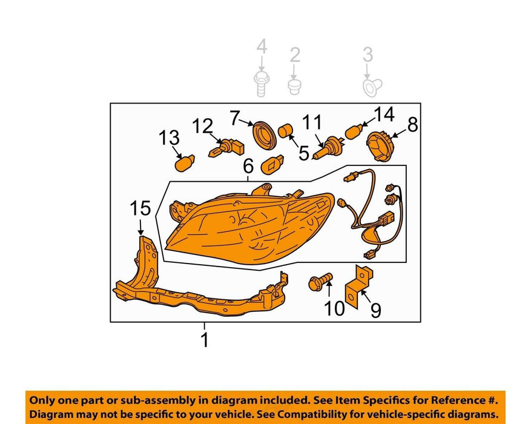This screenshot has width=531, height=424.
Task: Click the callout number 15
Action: tap(140, 208)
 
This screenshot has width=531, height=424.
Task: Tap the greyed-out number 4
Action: tap(262, 47)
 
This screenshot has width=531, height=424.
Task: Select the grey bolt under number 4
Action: tap(262, 84)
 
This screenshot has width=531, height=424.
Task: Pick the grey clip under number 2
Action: tap(295, 87)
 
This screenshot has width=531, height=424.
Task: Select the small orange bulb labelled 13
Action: tap(185, 164)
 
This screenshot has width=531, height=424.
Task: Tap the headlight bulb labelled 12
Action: tap(226, 148)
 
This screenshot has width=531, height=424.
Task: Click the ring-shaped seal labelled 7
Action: tap(265, 134)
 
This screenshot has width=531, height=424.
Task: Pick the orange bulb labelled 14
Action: tap(354, 131)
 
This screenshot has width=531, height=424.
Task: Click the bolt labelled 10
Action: tap(320, 282)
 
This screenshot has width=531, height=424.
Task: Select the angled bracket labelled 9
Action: tap(358, 287)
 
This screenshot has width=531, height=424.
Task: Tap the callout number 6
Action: tap(248, 167)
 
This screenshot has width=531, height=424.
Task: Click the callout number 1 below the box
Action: tap(204, 340)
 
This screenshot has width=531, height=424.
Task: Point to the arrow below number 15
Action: tap(141, 226)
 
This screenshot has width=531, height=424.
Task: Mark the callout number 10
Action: tap(334, 308)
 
